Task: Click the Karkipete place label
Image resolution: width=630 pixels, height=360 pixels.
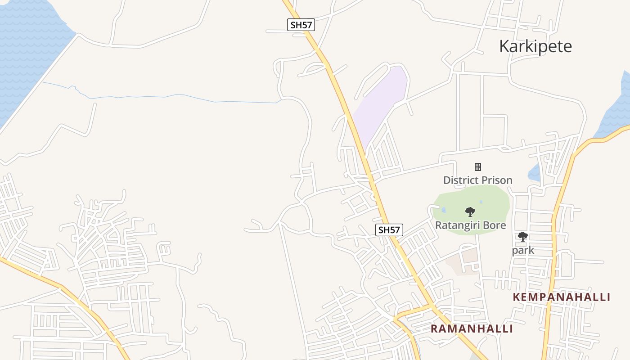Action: (535, 46)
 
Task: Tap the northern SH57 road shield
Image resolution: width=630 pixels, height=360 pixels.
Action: (301, 25)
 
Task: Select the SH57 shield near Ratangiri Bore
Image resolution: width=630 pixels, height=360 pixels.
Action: (389, 230)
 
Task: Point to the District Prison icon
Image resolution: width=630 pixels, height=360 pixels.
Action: (478, 167)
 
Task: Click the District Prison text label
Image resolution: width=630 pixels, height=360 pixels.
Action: (478, 180)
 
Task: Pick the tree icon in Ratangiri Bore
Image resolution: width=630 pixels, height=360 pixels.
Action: (470, 211)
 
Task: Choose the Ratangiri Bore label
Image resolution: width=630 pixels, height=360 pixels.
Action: (471, 225)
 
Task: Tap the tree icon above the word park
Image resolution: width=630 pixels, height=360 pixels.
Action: (522, 237)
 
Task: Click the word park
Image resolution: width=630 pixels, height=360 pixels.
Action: (523, 250)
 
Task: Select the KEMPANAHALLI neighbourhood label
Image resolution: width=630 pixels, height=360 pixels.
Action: (562, 297)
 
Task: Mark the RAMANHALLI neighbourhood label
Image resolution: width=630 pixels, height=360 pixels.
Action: (472, 328)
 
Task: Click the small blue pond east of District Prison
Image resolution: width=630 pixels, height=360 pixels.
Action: (535, 173)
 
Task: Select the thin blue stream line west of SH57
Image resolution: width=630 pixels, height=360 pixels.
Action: (180, 96)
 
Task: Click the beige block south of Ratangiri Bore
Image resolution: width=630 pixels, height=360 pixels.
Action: (463, 261)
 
